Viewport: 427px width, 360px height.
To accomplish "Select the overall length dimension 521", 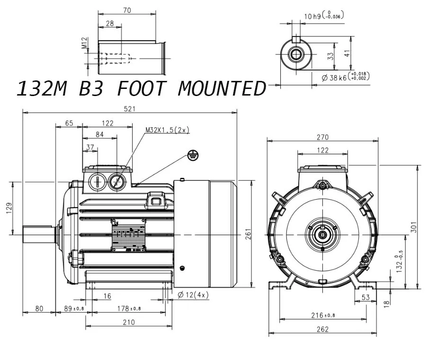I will tap(130, 108).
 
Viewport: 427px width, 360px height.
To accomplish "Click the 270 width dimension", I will tap(322, 137).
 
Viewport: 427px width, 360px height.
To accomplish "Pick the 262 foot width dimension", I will tap(322, 330).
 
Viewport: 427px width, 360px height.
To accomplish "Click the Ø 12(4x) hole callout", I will tap(193, 295).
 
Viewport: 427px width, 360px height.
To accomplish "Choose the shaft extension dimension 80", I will tap(39, 308).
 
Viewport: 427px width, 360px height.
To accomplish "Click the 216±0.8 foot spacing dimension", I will tap(323, 315).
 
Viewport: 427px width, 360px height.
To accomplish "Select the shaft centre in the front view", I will tap(322, 235).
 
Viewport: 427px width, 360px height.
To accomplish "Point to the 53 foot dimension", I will tap(365, 297).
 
